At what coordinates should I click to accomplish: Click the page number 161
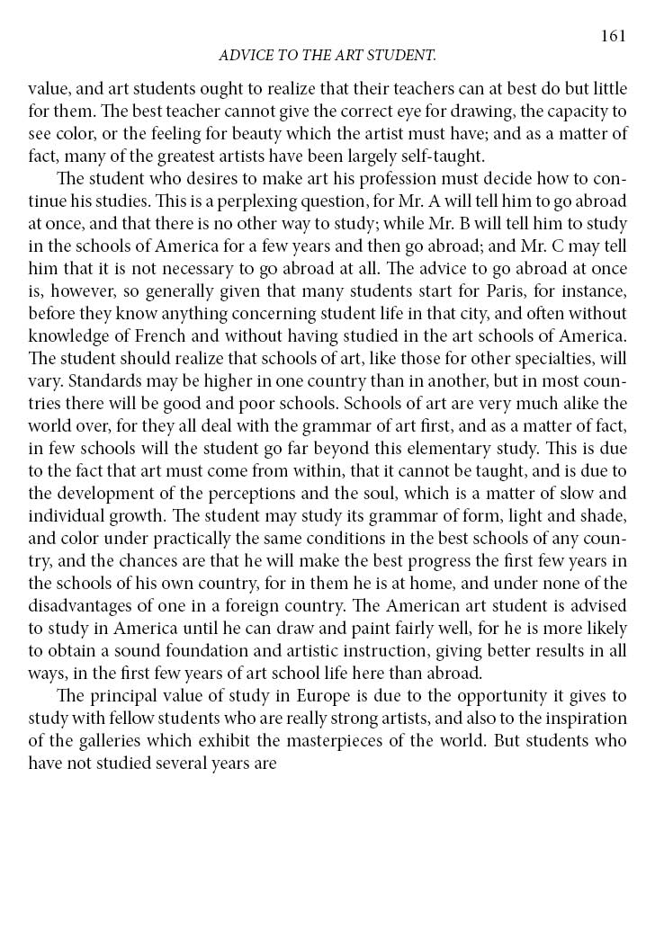click(613, 35)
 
